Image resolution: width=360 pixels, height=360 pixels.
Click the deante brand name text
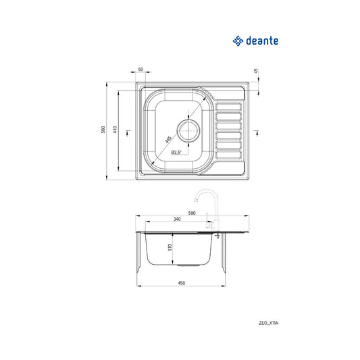pos(262,41)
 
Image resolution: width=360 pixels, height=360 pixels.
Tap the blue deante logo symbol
pos(238,41)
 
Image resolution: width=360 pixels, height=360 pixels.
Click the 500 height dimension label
pos(103,130)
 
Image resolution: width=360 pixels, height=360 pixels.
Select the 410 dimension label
pos(115,130)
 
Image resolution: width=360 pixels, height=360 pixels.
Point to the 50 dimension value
pos(141,69)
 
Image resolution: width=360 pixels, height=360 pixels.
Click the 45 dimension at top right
pos(257,71)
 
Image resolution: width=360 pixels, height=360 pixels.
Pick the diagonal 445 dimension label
pos(169,139)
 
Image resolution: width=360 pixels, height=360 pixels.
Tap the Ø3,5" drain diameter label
pos(176,152)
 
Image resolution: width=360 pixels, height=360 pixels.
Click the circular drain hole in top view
pos(188,130)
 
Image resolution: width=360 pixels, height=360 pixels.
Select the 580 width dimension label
pos(192,213)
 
